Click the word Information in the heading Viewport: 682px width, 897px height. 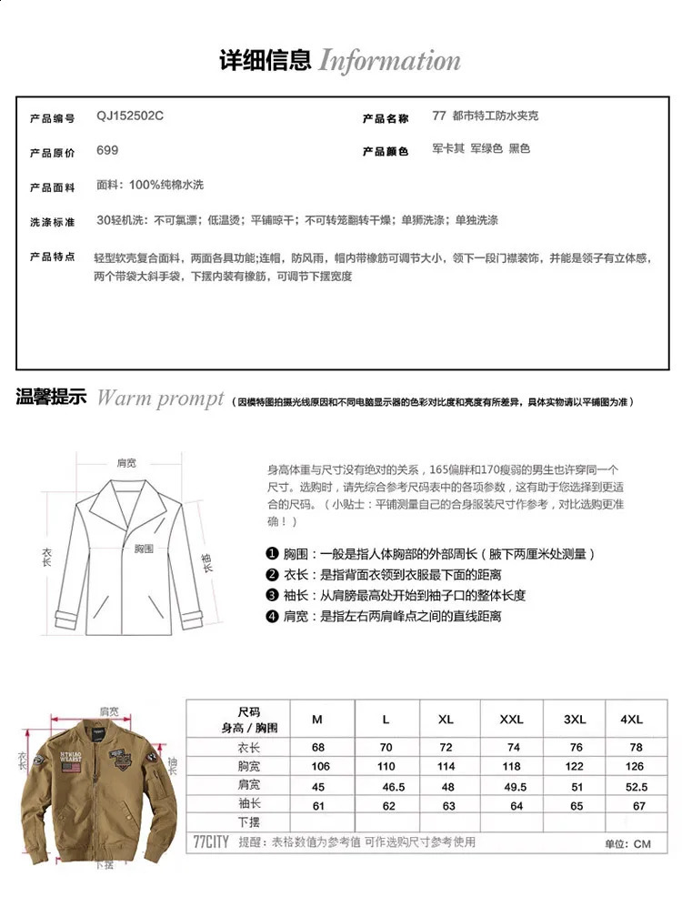click(389, 62)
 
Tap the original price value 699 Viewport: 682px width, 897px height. click(107, 151)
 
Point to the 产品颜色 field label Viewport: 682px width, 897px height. click(385, 151)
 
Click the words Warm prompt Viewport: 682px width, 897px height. click(160, 398)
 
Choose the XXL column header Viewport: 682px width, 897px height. click(511, 720)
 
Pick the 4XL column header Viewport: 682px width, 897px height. click(631, 720)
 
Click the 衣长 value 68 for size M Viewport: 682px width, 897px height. click(318, 747)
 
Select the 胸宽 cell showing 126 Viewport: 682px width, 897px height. click(635, 766)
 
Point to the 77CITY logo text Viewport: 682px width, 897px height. click(210, 842)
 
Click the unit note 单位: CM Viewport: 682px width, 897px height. click(628, 844)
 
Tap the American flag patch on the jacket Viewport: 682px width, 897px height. click(71, 768)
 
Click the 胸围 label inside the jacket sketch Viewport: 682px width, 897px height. click(144, 549)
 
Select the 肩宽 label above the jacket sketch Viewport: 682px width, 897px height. click(126, 463)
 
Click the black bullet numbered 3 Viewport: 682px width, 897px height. click(271, 595)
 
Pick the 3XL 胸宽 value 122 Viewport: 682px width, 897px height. click(574, 766)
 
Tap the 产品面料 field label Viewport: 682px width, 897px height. click(52, 186)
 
